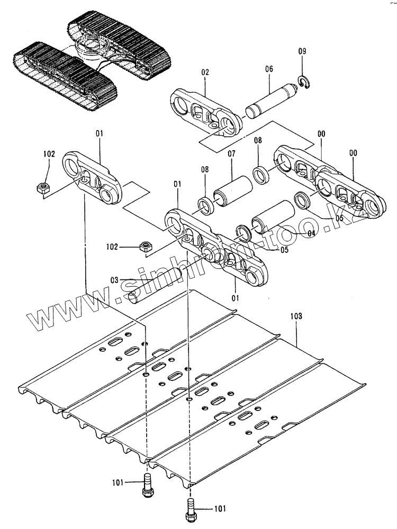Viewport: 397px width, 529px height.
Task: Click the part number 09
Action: click(302, 51)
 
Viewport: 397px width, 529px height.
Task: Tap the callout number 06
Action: click(269, 69)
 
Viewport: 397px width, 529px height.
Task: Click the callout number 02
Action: click(205, 72)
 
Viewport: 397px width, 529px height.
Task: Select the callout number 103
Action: click(296, 316)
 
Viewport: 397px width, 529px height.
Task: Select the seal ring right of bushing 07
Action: click(260, 175)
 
